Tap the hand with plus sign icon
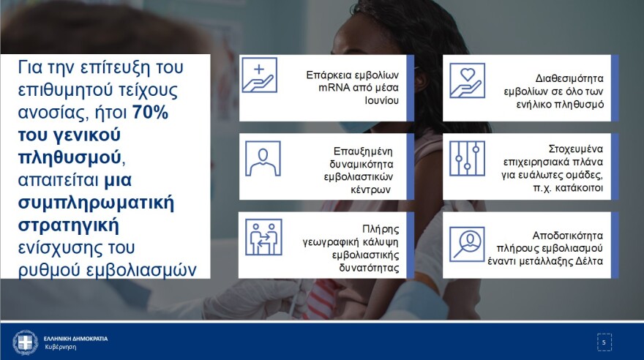point(260,75)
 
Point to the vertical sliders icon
point(466,158)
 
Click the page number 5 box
point(603,342)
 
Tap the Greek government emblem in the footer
point(26,342)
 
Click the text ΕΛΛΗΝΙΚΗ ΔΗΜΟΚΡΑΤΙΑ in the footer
point(76,338)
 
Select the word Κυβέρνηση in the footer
point(60,347)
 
